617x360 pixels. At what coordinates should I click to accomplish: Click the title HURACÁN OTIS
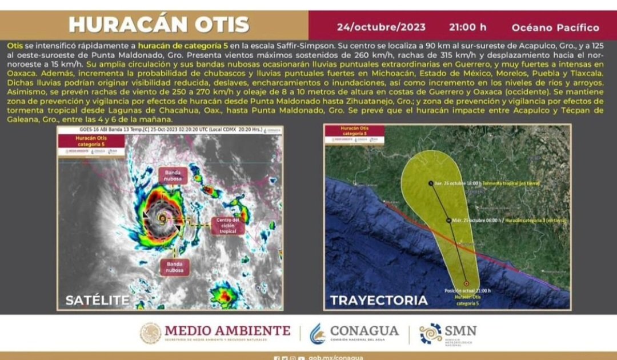tap(159, 25)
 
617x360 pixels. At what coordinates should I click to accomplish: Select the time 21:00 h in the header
tap(467, 27)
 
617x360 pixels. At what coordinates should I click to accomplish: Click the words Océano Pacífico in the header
tap(555, 27)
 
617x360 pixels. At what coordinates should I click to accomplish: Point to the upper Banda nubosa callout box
tap(173, 175)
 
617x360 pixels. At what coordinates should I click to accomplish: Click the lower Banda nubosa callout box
tap(174, 267)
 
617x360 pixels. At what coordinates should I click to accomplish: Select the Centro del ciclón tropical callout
tap(228, 225)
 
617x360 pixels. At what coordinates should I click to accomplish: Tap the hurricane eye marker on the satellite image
tap(163, 217)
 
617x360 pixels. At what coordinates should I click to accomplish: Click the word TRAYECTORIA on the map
tap(379, 300)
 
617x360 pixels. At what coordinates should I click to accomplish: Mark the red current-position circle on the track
tap(467, 283)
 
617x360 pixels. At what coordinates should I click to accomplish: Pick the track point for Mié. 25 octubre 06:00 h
tap(448, 219)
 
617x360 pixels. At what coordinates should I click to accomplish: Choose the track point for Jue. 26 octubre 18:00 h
tap(430, 183)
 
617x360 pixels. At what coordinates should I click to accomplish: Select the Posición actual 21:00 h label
tap(467, 291)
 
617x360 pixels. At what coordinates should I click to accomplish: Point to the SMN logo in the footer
tap(448, 333)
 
